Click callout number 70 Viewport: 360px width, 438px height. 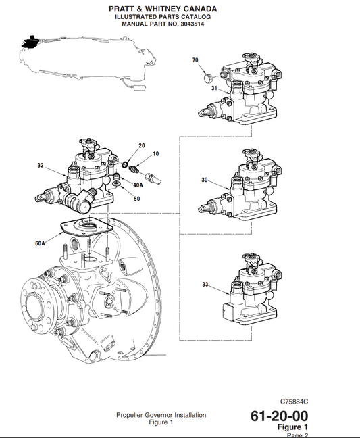pos(195,61)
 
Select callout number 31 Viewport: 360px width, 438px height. pos(214,89)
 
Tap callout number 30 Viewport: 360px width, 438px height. pos(205,180)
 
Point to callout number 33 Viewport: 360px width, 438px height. pos(205,285)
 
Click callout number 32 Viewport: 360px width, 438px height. pos(41,165)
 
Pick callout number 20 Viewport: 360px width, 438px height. pos(142,146)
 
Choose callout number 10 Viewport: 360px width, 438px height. pos(155,154)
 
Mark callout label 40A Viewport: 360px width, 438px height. pos(138,185)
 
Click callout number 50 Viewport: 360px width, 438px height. pos(136,199)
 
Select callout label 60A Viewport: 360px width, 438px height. pos(41,243)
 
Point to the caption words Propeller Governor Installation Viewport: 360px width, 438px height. pos(161,414)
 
